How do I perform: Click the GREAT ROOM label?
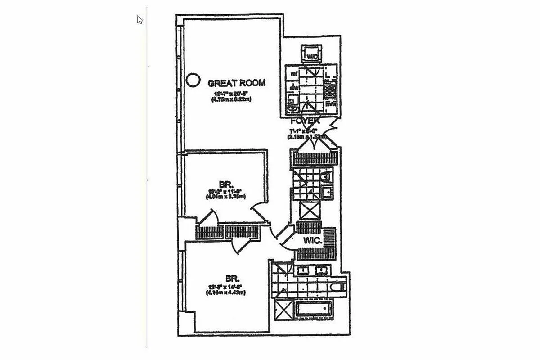click(x=236, y=83)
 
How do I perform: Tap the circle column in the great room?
click(x=193, y=80)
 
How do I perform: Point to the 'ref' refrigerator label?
click(x=295, y=73)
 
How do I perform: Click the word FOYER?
click(x=305, y=121)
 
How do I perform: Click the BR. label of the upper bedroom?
click(x=225, y=184)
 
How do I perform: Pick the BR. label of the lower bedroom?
click(x=225, y=279)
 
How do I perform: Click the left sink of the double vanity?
click(x=301, y=270)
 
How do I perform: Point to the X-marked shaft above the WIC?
click(x=310, y=211)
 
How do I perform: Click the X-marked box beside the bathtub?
click(x=284, y=309)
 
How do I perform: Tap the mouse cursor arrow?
click(x=140, y=20)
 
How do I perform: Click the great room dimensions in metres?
click(x=231, y=99)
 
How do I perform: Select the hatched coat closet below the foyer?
click(x=315, y=159)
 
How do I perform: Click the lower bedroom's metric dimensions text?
click(x=225, y=293)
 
